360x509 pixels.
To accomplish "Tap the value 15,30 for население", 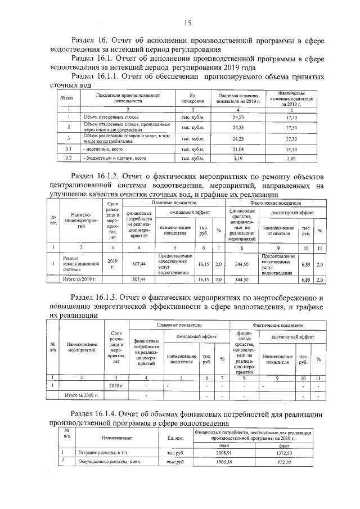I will coord(291,148).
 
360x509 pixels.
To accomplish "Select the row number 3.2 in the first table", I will coord(68,159).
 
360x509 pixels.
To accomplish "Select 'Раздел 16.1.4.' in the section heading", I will coord(100,414).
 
